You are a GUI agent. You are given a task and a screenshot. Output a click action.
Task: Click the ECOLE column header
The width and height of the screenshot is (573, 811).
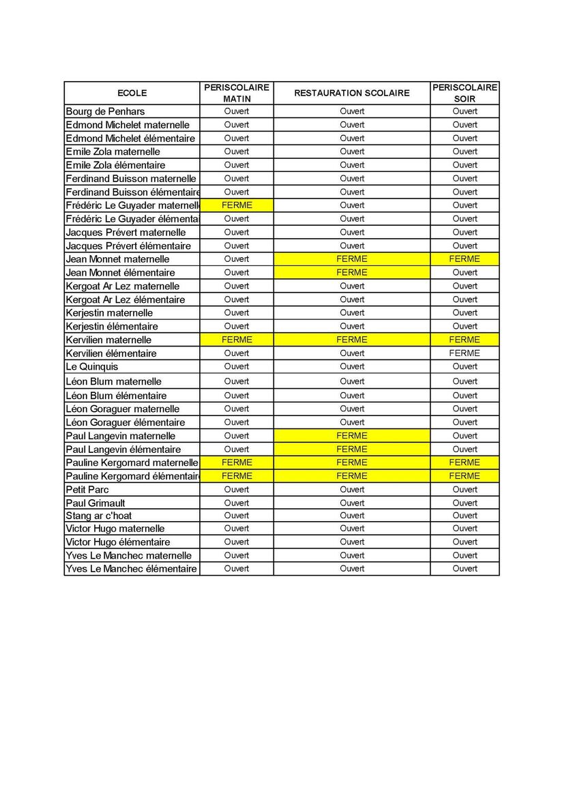point(132,93)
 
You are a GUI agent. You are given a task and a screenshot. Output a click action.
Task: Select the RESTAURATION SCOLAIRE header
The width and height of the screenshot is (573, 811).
point(352,93)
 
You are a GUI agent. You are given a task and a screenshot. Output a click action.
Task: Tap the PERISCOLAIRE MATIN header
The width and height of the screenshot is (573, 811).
point(237,93)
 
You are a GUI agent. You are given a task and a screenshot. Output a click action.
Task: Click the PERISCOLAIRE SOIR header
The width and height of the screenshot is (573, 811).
point(465,93)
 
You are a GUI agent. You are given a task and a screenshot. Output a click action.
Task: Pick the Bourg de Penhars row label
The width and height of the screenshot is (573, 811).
point(105,111)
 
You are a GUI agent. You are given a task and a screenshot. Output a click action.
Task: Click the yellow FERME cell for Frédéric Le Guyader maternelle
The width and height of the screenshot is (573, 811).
point(237,205)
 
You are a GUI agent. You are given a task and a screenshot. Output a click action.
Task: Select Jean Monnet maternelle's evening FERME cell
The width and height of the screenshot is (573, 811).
point(465,259)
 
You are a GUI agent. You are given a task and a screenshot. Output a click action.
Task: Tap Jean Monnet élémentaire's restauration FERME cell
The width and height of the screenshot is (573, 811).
point(352,272)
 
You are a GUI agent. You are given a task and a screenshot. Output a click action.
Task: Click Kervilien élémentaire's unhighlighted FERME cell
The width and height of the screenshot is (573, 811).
point(465,353)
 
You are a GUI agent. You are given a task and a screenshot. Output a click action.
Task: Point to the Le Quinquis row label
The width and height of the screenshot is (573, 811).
point(92,367)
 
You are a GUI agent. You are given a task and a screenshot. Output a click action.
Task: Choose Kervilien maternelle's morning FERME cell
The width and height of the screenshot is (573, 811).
point(237,340)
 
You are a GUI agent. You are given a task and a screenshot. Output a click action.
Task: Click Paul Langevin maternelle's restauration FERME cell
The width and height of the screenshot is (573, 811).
point(352,436)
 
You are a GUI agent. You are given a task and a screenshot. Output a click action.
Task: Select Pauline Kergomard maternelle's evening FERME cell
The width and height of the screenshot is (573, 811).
point(465,462)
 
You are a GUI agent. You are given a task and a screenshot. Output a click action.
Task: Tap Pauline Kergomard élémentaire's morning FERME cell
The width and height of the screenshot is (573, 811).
point(237,476)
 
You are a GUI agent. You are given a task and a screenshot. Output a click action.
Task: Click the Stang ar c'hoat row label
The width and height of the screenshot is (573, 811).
point(99,516)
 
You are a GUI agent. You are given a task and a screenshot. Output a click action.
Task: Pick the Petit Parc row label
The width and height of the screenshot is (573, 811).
point(87,490)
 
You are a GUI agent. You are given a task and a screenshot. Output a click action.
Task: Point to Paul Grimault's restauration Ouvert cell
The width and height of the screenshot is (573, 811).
point(352,503)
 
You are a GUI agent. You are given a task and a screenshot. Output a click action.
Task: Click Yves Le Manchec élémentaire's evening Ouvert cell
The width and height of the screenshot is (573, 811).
point(465,569)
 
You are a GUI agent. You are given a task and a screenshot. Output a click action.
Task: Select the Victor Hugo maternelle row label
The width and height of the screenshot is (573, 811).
point(115,529)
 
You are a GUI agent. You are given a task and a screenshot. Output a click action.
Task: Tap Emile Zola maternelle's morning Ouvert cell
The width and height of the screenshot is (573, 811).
point(237,151)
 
